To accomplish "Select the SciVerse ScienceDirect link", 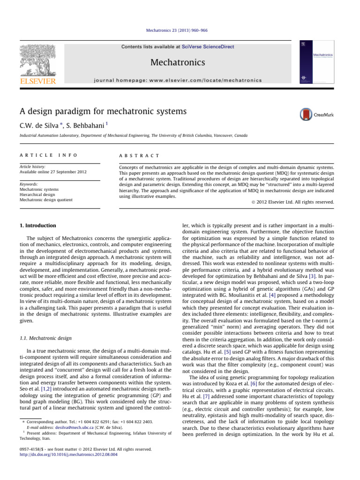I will pyautogui.click(x=213, y=46).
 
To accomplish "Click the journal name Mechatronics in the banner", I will pyautogui.click(x=180, y=62).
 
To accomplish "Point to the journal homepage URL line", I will pyautogui.click(x=180, y=80).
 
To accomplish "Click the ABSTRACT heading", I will pyautogui.click(x=140, y=155).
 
